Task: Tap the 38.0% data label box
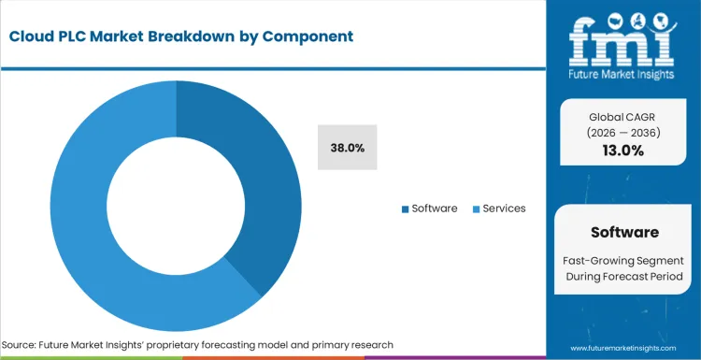tap(348, 148)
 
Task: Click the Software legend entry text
tap(435, 209)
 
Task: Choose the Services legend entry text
tap(504, 209)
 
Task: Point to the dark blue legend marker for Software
tap(405, 209)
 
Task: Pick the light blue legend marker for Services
tap(475, 209)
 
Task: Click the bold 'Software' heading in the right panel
tap(624, 232)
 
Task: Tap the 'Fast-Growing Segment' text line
tap(624, 259)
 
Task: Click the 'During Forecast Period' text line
tap(624, 276)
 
